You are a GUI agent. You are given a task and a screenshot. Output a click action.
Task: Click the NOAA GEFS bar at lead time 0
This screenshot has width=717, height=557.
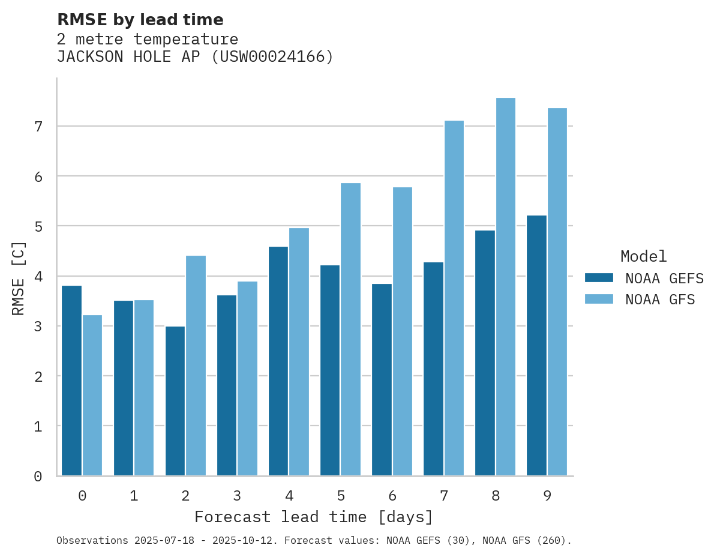coord(72,381)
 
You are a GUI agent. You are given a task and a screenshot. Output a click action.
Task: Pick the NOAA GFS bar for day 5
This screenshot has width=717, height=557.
coord(351,330)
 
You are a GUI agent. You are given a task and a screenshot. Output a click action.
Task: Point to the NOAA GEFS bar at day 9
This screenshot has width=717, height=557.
coord(537,346)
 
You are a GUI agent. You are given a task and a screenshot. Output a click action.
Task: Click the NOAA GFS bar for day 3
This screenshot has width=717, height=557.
coord(248,379)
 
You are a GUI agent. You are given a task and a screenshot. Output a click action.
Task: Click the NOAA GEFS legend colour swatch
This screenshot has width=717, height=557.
coord(599,278)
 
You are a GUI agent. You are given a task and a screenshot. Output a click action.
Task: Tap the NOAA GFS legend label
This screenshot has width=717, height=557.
coord(660,300)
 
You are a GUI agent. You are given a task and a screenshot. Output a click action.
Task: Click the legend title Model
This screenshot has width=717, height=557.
coord(644,257)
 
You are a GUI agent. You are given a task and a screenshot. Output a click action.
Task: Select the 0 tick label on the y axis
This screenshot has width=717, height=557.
coord(38,477)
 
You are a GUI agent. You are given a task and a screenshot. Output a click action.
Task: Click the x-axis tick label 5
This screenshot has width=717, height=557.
coord(341,496)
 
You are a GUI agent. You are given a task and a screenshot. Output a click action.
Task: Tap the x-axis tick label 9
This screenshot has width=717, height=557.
coord(547,496)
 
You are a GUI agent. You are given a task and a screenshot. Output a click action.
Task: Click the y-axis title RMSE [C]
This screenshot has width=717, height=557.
coord(19,277)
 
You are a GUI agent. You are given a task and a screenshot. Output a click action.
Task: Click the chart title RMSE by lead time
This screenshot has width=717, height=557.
coord(140,20)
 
